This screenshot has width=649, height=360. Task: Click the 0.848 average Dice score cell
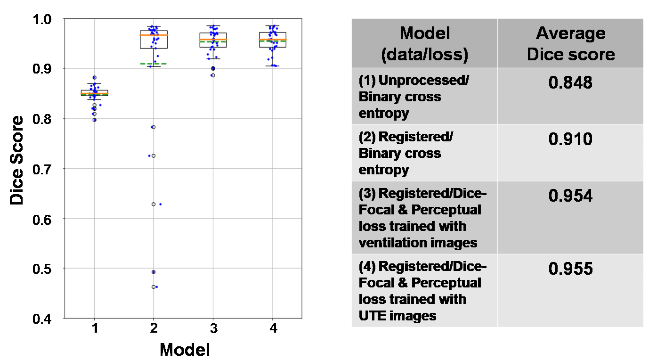[570, 83]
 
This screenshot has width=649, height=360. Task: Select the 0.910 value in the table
[570, 139]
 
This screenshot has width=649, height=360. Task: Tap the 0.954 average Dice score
[570, 196]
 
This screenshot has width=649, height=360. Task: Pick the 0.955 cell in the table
[570, 269]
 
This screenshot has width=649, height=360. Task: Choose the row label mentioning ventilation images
[420, 218]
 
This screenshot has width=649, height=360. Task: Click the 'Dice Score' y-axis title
[17, 160]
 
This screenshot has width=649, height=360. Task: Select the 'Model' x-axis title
[184, 350]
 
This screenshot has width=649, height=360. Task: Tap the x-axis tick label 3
[213, 328]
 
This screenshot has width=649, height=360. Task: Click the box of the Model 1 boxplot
[94, 92]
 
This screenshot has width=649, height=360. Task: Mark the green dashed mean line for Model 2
[154, 64]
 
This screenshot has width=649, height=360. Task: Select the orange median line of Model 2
[154, 35]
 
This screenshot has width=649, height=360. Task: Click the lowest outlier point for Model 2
[154, 286]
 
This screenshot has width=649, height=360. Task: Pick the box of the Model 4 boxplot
[273, 40]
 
